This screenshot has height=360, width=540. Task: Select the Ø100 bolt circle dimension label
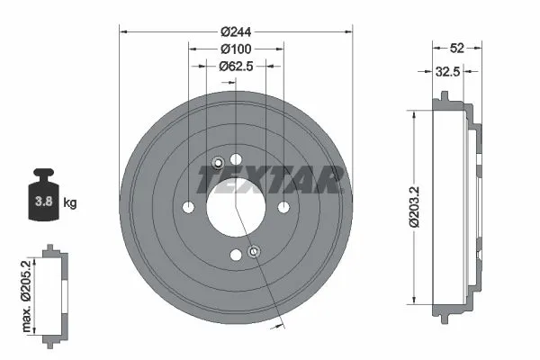click(235, 49)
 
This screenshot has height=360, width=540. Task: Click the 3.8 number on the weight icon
click(41, 202)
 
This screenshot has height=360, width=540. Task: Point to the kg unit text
click(70, 202)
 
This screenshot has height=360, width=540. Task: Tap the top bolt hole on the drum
click(236, 160)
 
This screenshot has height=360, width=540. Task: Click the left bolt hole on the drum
click(188, 208)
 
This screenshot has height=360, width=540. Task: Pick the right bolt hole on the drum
click(283, 208)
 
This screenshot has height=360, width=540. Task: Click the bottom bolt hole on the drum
click(236, 256)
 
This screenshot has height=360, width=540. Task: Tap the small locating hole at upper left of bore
click(218, 163)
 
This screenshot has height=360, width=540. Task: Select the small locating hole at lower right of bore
click(254, 251)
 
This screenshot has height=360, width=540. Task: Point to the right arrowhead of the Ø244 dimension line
click(346, 31)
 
